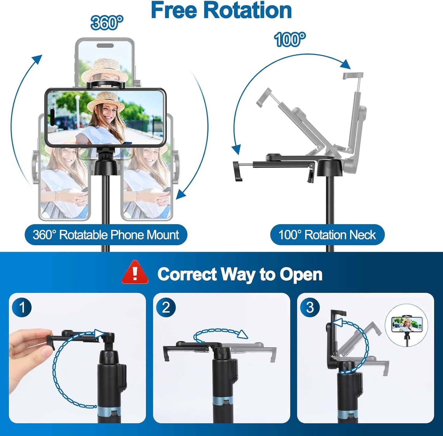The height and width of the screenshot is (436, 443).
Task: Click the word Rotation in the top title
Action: [x=248, y=11]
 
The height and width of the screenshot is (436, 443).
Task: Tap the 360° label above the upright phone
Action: [x=107, y=23]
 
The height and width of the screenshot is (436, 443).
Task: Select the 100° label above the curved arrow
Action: [x=290, y=40]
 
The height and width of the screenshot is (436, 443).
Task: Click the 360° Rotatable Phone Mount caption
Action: [x=106, y=235]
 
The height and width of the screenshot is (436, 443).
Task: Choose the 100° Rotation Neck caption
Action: [x=327, y=235]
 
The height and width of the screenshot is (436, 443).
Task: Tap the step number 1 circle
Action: [x=22, y=307]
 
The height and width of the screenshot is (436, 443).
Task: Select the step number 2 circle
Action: [x=166, y=307]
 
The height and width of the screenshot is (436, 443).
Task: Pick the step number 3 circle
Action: [x=310, y=307]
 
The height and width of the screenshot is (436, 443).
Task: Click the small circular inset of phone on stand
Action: [x=407, y=329]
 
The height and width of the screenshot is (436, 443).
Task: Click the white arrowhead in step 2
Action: [x=243, y=334]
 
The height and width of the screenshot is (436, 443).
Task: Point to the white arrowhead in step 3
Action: [x=338, y=322]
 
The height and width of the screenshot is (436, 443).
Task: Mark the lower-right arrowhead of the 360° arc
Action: [x=181, y=194]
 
